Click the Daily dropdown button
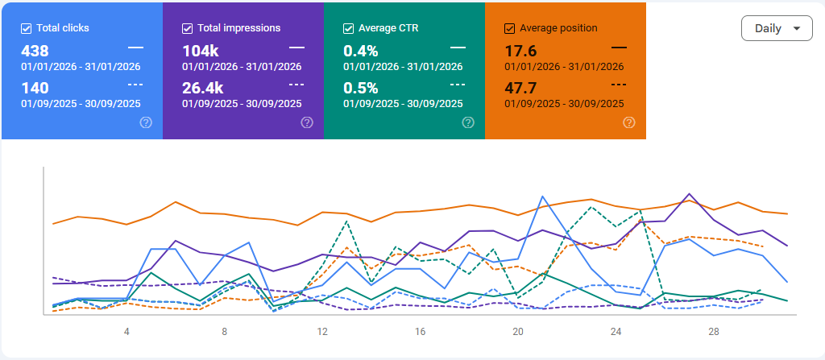click(776, 28)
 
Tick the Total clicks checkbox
click(27, 28)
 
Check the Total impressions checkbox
click(188, 28)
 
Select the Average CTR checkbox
click(348, 28)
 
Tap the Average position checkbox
click(509, 28)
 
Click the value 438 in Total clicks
click(35, 51)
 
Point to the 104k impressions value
click(201, 51)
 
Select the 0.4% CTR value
click(361, 51)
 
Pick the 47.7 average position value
click(521, 88)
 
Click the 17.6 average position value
click(521, 51)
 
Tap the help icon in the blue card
click(146, 122)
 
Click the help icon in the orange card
click(629, 122)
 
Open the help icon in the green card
click(468, 122)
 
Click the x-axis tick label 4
click(126, 331)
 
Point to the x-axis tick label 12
click(322, 331)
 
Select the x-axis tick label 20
click(518, 331)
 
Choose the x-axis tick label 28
click(714, 331)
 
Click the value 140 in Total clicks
click(35, 88)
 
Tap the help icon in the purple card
click(307, 122)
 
